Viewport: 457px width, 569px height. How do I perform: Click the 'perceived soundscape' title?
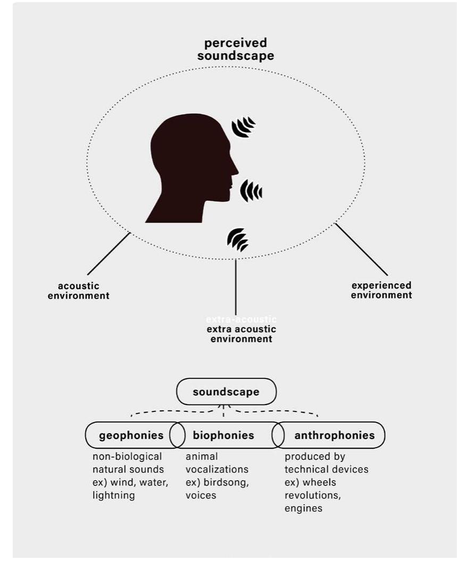[235, 49]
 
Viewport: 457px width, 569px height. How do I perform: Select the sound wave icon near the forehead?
[243, 128]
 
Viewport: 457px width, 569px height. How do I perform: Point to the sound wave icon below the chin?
[238, 240]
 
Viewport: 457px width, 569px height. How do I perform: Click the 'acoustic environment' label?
[79, 291]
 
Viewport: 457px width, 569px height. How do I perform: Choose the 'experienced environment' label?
[381, 290]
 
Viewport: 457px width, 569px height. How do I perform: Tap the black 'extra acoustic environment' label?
[242, 334]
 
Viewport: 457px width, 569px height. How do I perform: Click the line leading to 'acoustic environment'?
[109, 254]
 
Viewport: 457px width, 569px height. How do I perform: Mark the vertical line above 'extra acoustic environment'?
[235, 287]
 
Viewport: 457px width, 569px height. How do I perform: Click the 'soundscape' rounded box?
[226, 392]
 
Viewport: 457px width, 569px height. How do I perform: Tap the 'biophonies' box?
[223, 435]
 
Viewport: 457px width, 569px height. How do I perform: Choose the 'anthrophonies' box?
[334, 435]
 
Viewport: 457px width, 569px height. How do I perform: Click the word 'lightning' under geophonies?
[114, 496]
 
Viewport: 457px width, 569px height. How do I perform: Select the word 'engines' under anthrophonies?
[303, 508]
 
